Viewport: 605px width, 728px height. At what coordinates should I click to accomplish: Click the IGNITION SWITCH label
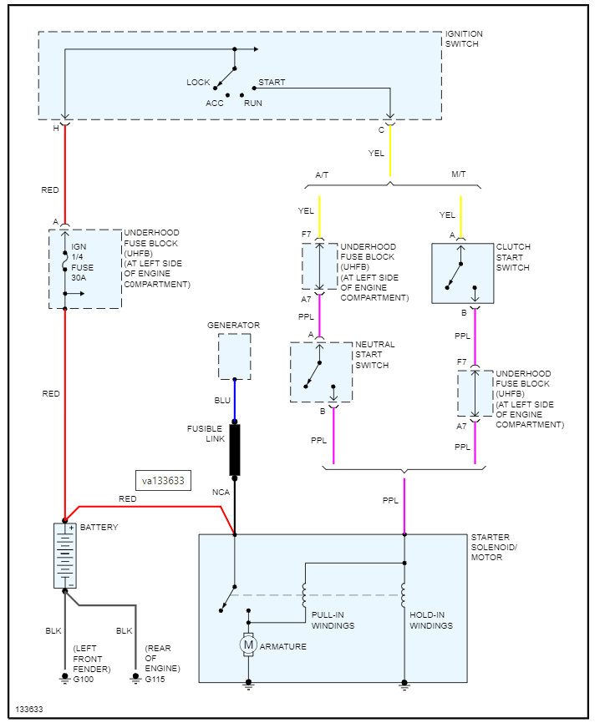tap(464, 38)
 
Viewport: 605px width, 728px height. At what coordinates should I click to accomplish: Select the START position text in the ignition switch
tap(272, 82)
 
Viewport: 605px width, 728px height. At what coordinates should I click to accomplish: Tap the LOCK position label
tap(198, 82)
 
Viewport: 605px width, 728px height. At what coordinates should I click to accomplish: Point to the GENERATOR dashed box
tap(234, 356)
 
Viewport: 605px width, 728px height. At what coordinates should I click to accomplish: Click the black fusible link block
tap(235, 450)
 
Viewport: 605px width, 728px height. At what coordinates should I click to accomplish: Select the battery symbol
tap(64, 555)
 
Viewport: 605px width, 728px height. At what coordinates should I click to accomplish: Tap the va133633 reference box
tap(163, 481)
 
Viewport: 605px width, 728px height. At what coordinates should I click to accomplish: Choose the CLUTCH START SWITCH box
tap(460, 273)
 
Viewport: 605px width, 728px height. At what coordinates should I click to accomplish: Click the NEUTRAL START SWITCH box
tap(321, 372)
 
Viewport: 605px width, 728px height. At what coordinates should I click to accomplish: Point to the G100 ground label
tap(84, 679)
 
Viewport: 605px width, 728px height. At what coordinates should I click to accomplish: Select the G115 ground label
tap(155, 679)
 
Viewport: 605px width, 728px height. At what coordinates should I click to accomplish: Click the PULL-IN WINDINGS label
tap(333, 620)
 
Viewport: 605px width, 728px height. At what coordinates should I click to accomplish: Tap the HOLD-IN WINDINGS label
tap(431, 620)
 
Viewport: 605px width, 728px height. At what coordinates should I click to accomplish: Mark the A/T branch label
tap(322, 174)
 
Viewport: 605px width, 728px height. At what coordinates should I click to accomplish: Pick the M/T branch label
tap(460, 174)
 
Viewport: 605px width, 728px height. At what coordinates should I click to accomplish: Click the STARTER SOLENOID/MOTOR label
tap(494, 547)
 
